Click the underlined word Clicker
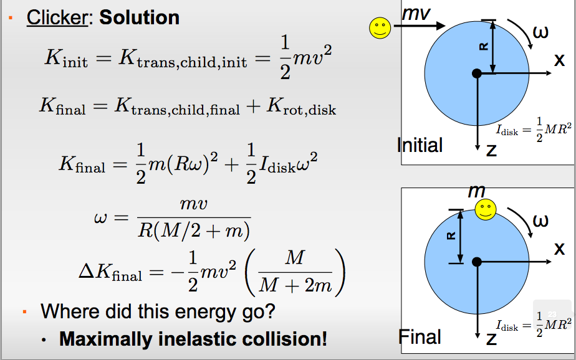pos(57,17)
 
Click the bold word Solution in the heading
pos(140,17)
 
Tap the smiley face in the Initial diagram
pos(380,28)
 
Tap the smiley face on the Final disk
pos(486,210)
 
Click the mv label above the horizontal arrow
pos(416,14)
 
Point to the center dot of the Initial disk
pos(477,73)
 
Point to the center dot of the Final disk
pos(477,262)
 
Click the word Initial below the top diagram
pos(420,145)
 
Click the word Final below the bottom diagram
pos(420,337)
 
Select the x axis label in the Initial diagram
pos(559,60)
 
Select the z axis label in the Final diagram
pos(491,339)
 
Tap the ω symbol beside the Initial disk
pos(540,32)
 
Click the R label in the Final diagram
pos(451,235)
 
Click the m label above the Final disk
pos(477,191)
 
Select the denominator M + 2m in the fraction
pos(295,285)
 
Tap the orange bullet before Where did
pos(24,312)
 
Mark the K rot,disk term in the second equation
pos(301,107)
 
